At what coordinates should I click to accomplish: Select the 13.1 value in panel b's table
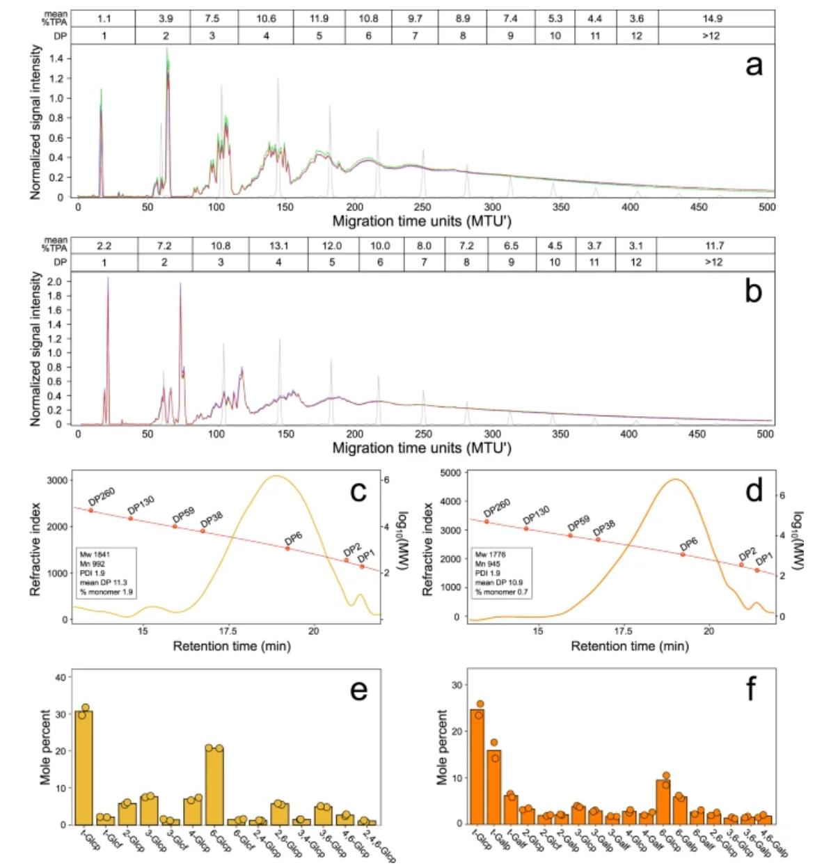click(276, 246)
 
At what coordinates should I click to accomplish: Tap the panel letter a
click(753, 66)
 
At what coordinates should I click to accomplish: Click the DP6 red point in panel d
click(683, 555)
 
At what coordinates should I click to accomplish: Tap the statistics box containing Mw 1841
click(106, 572)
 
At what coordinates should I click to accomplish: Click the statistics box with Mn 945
click(503, 572)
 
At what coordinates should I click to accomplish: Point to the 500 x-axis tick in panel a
click(767, 207)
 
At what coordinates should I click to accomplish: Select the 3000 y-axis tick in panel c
click(57, 480)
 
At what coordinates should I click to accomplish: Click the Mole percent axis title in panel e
click(45, 748)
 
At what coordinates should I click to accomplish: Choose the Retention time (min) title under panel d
click(630, 646)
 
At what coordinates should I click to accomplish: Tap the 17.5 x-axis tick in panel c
click(228, 631)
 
